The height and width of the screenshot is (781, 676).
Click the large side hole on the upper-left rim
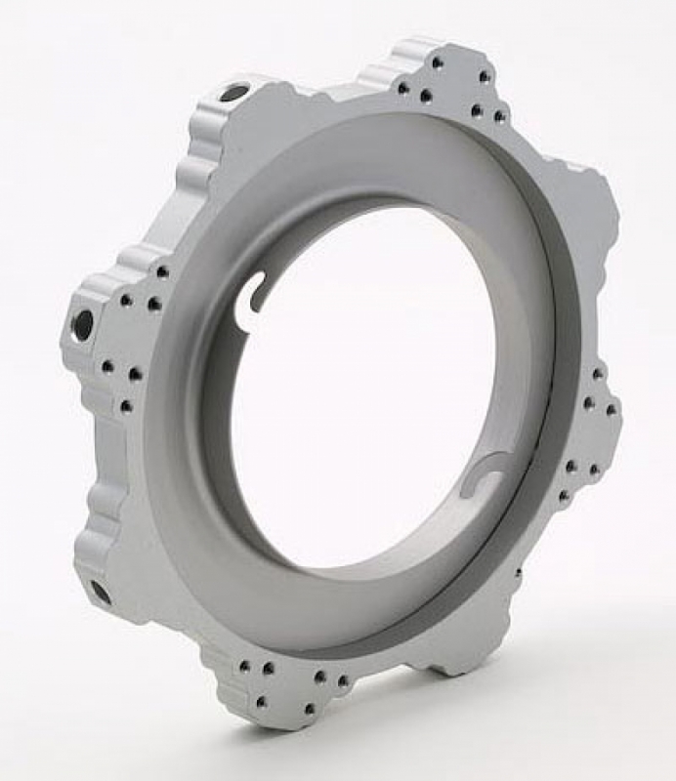[233, 93]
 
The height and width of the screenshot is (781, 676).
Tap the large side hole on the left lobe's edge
[83, 324]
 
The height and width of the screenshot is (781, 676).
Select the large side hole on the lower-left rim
[100, 591]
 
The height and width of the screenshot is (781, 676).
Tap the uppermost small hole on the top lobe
[437, 62]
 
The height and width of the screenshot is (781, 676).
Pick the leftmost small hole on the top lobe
[402, 88]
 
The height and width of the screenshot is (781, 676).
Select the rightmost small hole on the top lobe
[499, 116]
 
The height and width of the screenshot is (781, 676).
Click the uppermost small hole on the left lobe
[162, 272]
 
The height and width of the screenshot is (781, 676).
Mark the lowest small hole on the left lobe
[125, 405]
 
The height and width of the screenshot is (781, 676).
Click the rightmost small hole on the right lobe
[611, 410]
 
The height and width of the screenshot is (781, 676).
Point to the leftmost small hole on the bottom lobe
[241, 668]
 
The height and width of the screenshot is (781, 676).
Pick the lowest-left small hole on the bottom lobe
[260, 701]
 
